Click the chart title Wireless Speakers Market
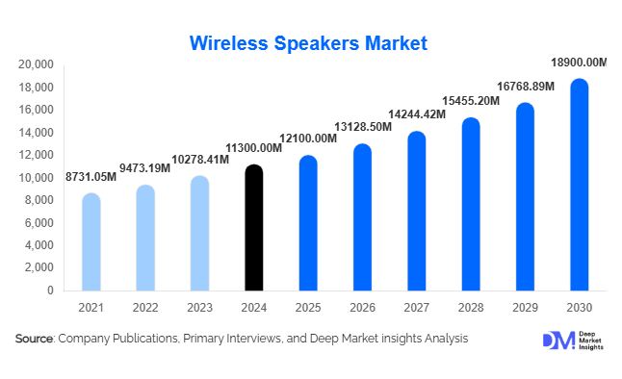coord(308,43)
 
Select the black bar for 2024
coord(253,228)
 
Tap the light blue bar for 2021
coord(91,242)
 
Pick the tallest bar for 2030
coord(579,185)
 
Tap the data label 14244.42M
coord(416,114)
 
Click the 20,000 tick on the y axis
coord(35,65)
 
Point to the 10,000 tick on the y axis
coord(35,178)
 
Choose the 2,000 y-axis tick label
coord(39,268)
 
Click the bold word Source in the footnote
coord(34,339)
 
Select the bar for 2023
coord(199,234)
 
